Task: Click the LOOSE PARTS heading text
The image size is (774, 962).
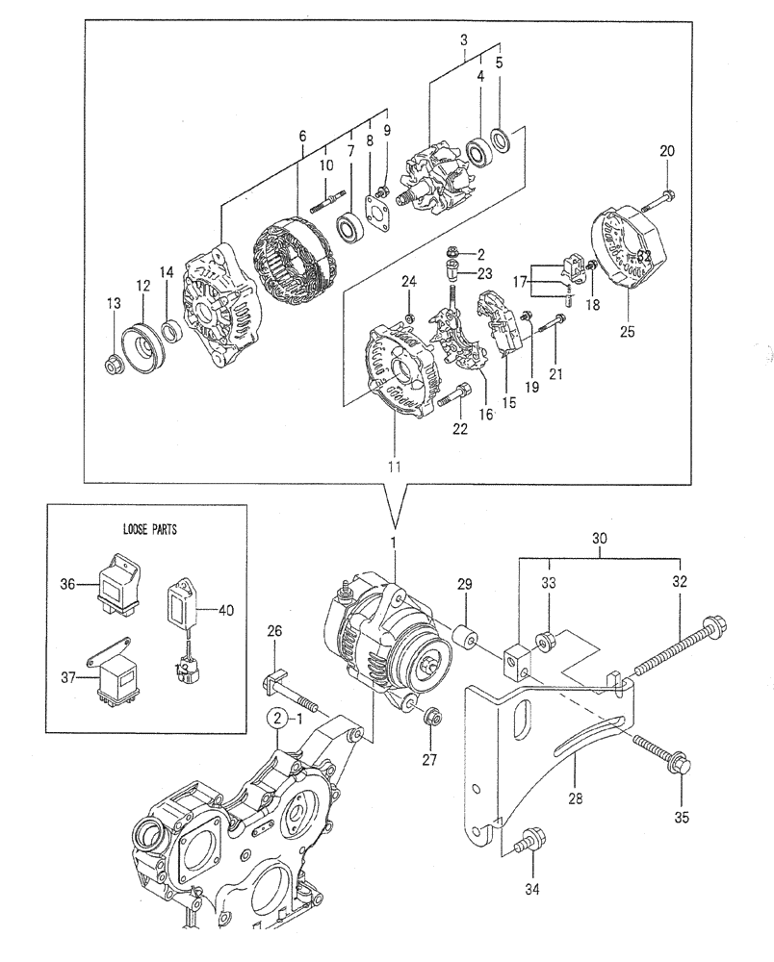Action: (x=150, y=529)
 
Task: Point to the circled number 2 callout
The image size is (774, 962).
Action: (x=276, y=718)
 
